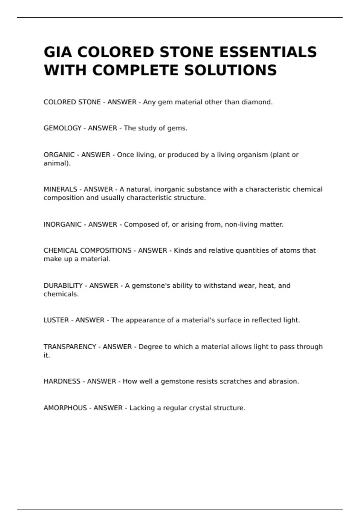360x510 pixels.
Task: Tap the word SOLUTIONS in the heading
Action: click(230, 70)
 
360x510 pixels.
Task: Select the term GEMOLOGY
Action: click(62, 128)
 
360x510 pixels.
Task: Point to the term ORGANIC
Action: click(59, 155)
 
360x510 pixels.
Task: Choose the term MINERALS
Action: click(60, 189)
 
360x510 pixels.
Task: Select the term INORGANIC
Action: click(62, 224)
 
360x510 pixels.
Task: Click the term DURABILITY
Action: click(63, 286)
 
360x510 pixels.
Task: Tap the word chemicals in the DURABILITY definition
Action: click(61, 294)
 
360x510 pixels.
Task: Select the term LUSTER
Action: click(56, 320)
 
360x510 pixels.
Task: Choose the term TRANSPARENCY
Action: click(70, 347)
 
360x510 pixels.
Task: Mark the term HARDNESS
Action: click(62, 381)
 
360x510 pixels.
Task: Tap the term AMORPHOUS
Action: click(65, 408)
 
